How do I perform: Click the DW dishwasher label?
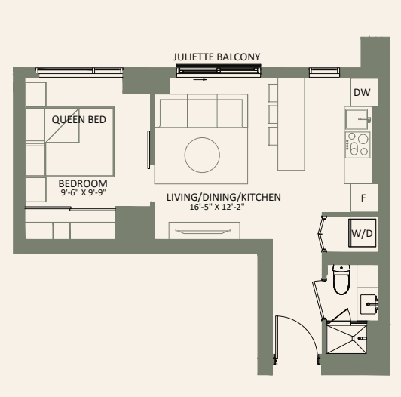(362, 92)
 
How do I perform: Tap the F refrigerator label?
(363, 198)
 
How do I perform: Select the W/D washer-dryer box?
(362, 232)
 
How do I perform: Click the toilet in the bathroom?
(341, 279)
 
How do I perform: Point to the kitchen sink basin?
(357, 118)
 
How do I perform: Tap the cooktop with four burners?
(357, 145)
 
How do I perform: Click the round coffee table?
(202, 155)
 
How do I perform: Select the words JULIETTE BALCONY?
(216, 57)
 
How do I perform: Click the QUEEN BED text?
(78, 119)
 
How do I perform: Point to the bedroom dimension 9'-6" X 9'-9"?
(84, 192)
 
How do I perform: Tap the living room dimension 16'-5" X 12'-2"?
(217, 207)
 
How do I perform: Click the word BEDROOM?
(83, 183)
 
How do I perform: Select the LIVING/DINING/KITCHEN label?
(224, 197)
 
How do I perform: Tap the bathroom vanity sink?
(369, 303)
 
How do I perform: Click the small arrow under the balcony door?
(200, 80)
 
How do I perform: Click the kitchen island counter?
(291, 124)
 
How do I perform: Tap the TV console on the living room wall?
(204, 230)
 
